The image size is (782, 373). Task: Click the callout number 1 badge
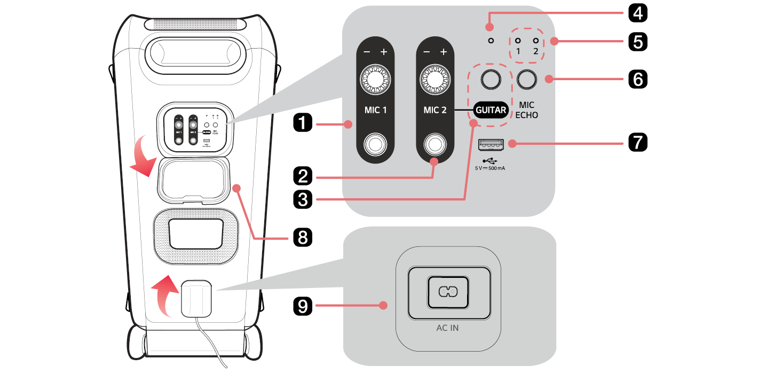pyautogui.click(x=303, y=125)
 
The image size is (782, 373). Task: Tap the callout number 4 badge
pyautogui.click(x=635, y=12)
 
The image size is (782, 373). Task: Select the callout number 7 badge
pyautogui.click(x=635, y=143)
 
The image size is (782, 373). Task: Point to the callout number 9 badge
pyautogui.click(x=303, y=306)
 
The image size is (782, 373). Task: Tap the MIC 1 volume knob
pyautogui.click(x=375, y=79)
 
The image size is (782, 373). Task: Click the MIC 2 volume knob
pyautogui.click(x=434, y=79)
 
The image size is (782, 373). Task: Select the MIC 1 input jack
pyautogui.click(x=375, y=144)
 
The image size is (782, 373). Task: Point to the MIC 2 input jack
pyautogui.click(x=434, y=144)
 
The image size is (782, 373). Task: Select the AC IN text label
pyautogui.click(x=447, y=328)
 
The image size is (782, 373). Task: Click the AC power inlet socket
pyautogui.click(x=448, y=291)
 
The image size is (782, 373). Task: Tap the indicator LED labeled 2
pyautogui.click(x=535, y=41)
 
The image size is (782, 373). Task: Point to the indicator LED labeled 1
pyautogui.click(x=518, y=41)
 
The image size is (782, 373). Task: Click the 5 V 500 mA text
pyautogui.click(x=490, y=168)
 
